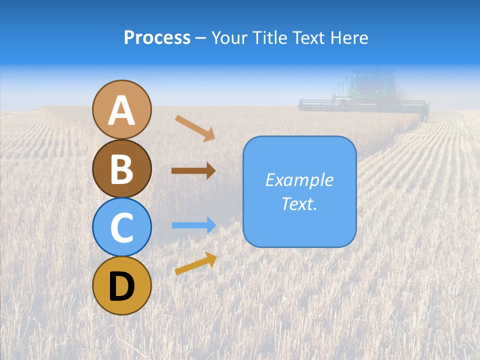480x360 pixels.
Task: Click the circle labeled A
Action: [121, 109]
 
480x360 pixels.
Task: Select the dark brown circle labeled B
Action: [121, 168]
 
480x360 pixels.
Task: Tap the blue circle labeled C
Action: [121, 227]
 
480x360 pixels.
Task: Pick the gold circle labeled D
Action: [121, 285]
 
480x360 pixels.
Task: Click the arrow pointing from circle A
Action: [195, 128]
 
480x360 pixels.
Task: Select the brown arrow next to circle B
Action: [193, 170]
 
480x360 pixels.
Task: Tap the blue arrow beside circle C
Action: [194, 225]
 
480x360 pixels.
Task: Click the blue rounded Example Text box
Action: [299, 191]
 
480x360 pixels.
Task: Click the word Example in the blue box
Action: [299, 180]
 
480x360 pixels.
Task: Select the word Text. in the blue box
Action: [299, 203]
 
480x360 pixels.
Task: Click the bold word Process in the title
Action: [157, 37]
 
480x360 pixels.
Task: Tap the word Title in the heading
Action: [270, 37]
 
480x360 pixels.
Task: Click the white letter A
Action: [121, 110]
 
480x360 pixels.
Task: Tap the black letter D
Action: [121, 286]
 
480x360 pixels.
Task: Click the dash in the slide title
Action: [201, 38]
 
